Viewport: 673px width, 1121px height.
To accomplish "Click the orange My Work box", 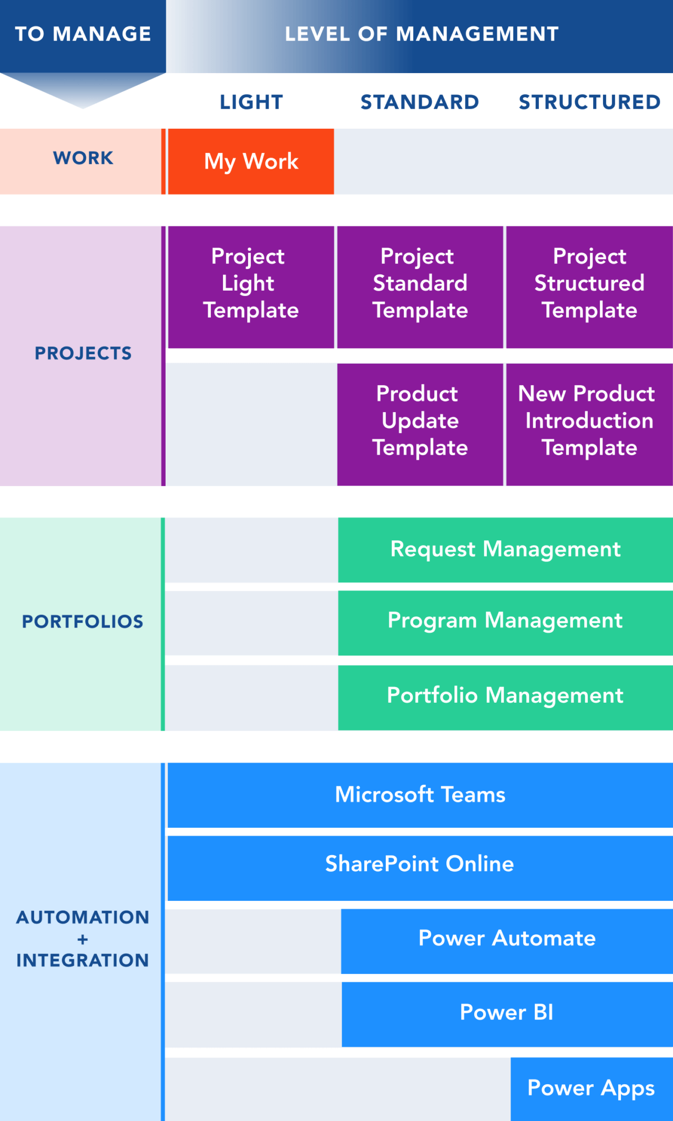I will pyautogui.click(x=251, y=161).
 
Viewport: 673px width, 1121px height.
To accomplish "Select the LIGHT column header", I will pyautogui.click(x=251, y=102).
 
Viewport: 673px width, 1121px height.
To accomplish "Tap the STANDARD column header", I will pyautogui.click(x=420, y=102).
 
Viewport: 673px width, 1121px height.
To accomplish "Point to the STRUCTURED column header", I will pyautogui.click(x=589, y=102).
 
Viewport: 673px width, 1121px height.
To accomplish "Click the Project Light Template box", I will pyautogui.click(x=251, y=287).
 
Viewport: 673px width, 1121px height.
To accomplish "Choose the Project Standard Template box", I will pyautogui.click(x=420, y=287).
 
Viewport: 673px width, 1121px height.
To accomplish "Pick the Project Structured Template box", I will pyautogui.click(x=589, y=287).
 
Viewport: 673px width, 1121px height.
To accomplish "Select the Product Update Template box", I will pyautogui.click(x=420, y=424).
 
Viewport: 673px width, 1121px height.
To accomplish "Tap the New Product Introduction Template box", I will pyautogui.click(x=589, y=424).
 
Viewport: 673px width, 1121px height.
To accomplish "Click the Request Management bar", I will pyautogui.click(x=505, y=550).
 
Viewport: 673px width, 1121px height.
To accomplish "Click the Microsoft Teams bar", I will pyautogui.click(x=420, y=795).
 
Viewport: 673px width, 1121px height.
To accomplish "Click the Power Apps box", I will pyautogui.click(x=592, y=1088).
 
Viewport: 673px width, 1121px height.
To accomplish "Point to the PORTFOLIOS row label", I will pyautogui.click(x=83, y=622).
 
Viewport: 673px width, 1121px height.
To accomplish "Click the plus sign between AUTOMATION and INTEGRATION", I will pyautogui.click(x=83, y=939).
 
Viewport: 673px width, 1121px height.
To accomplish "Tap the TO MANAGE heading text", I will pyautogui.click(x=83, y=34).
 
